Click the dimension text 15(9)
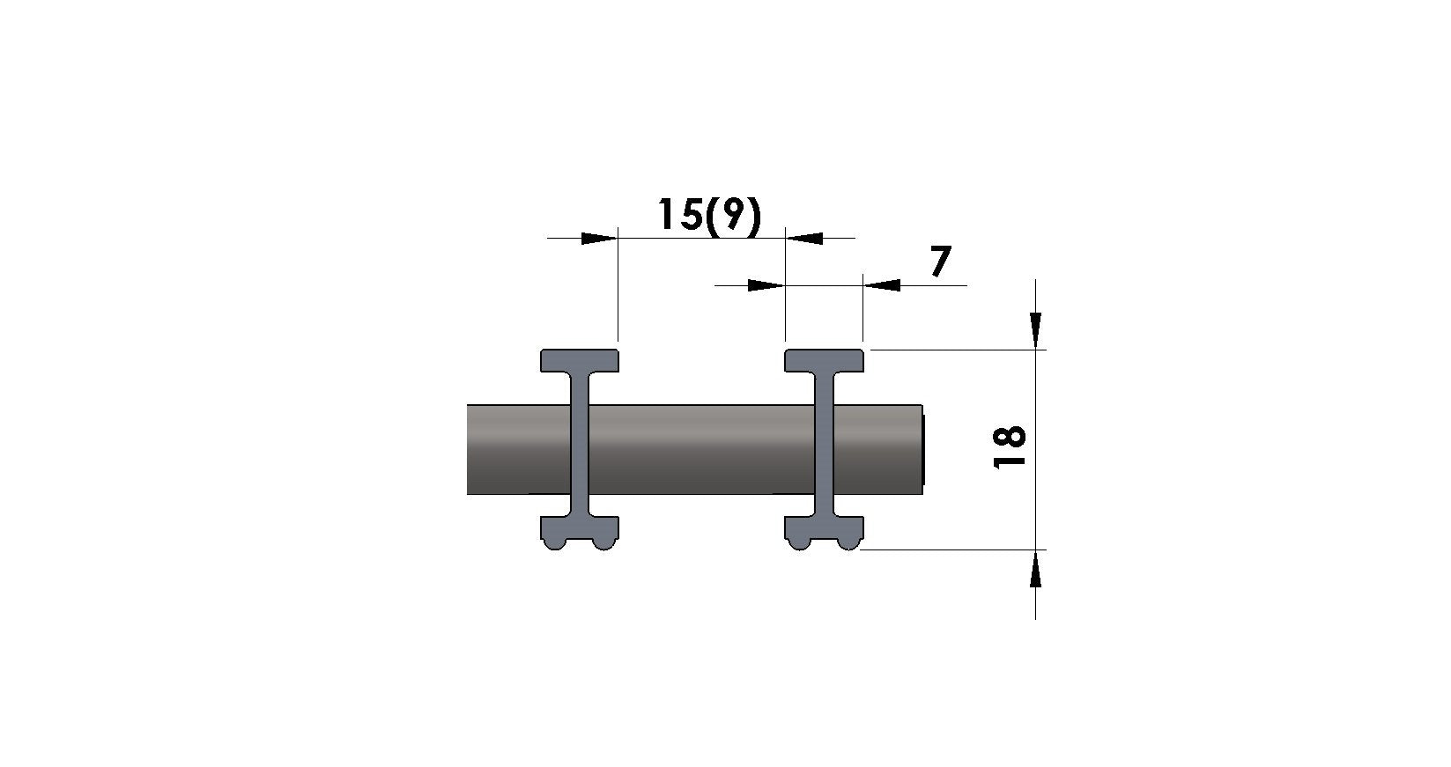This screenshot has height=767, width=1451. coord(709,215)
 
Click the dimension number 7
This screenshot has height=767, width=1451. coord(941,261)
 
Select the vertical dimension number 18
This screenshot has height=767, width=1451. coord(1010,446)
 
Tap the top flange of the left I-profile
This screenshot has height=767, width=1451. coord(580,360)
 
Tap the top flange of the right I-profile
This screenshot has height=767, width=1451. coord(824,360)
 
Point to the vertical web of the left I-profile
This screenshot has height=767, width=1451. coord(580,445)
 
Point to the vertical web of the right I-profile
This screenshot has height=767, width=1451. coord(824,445)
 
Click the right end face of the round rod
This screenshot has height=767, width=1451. coord(922,450)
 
